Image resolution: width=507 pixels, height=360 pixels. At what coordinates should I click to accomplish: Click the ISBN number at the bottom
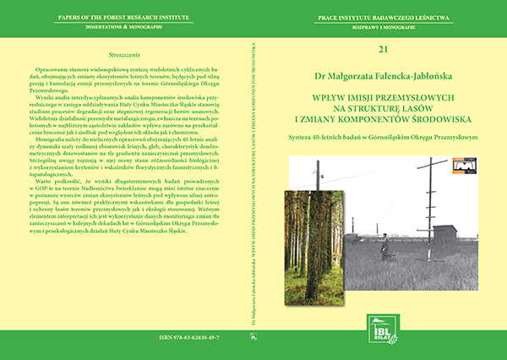click(124, 337)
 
